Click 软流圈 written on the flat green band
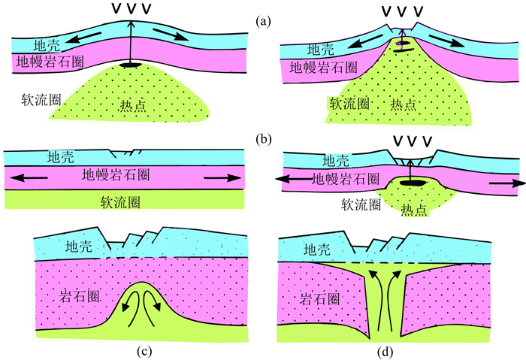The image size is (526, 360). click(122, 201)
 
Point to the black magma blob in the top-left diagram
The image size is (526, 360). click(131, 68)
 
